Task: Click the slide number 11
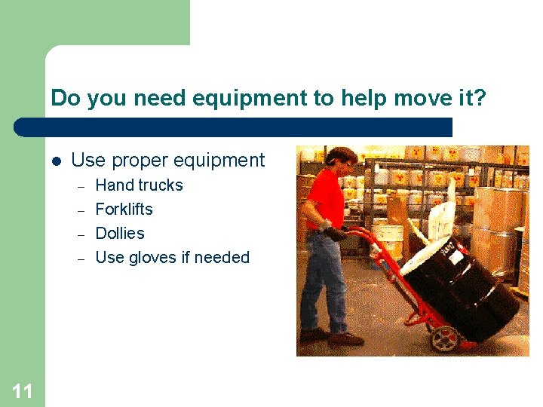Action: point(22,390)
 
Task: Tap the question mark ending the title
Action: point(479,98)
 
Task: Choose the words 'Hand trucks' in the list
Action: point(139,185)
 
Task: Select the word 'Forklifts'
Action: point(124,210)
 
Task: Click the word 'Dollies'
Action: point(120,234)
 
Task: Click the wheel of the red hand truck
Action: point(444,338)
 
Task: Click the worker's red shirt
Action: point(326,200)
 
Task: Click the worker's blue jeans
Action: point(321,279)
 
